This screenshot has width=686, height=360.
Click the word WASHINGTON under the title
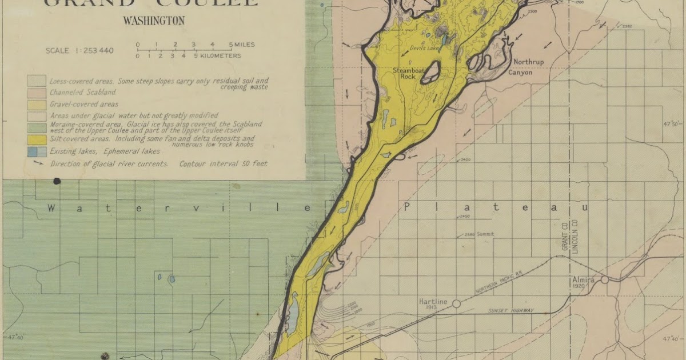(x=154, y=21)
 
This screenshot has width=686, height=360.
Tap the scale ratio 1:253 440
(x=79, y=51)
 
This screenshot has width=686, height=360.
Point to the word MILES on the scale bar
(x=243, y=45)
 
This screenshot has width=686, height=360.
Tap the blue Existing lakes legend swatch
(x=33, y=151)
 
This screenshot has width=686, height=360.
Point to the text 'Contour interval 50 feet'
(x=223, y=164)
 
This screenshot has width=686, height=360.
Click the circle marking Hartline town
(x=456, y=303)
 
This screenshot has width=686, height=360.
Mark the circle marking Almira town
(x=604, y=279)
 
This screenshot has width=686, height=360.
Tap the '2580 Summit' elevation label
(x=479, y=234)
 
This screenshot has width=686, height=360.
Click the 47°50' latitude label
(x=673, y=123)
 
